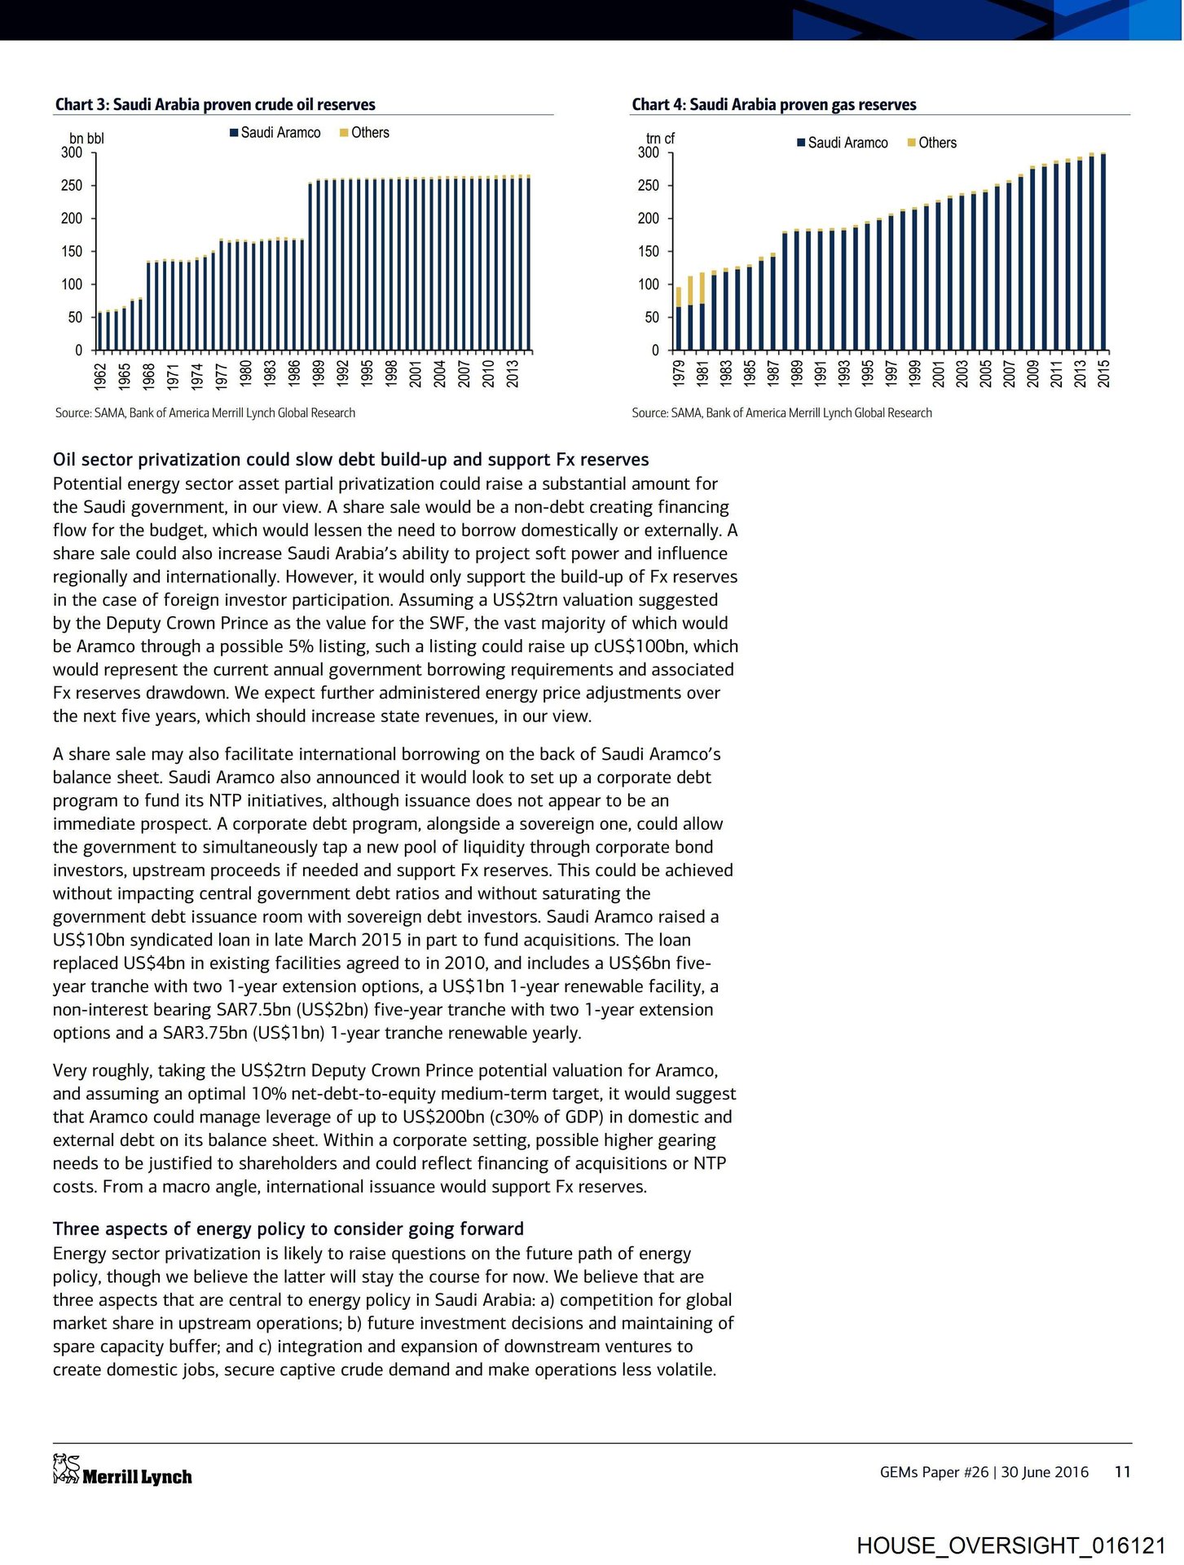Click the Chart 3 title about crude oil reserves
pos(215,104)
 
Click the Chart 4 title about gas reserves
pos(773,104)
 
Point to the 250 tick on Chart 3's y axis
pos(73,186)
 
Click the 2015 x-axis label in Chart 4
pos(1104,373)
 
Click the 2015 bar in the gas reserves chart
pos(1103,252)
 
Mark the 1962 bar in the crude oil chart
pos(100,331)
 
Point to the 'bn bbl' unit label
pos(86,139)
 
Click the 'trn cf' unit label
pos(660,139)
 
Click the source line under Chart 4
pos(781,413)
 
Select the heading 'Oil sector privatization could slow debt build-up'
pos(350,460)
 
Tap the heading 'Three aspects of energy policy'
pos(288,1229)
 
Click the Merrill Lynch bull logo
pos(66,1469)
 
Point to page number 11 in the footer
pos(1122,1472)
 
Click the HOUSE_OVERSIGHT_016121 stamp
pos(1010,1545)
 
